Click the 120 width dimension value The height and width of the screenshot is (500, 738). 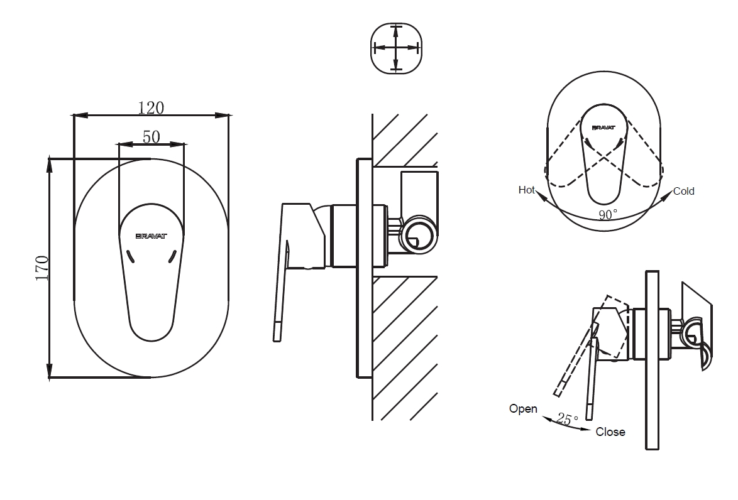(151, 107)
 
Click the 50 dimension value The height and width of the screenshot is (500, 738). (151, 136)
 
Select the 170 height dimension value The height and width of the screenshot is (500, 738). (42, 268)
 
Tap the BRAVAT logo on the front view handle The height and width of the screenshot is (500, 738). (151, 237)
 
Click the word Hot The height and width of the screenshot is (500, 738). (526, 190)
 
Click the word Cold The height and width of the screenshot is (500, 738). (683, 191)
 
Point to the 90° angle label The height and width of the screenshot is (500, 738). (607, 215)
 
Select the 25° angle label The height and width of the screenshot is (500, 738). (567, 420)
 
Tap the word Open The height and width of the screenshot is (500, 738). (523, 409)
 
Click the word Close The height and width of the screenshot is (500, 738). (610, 432)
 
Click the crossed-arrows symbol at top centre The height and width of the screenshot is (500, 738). (395, 48)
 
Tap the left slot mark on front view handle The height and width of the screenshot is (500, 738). (131, 255)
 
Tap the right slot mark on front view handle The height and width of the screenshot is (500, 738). (172, 255)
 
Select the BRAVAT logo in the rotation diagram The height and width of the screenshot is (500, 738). (603, 128)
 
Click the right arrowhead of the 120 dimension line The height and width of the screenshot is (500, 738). (224, 115)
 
